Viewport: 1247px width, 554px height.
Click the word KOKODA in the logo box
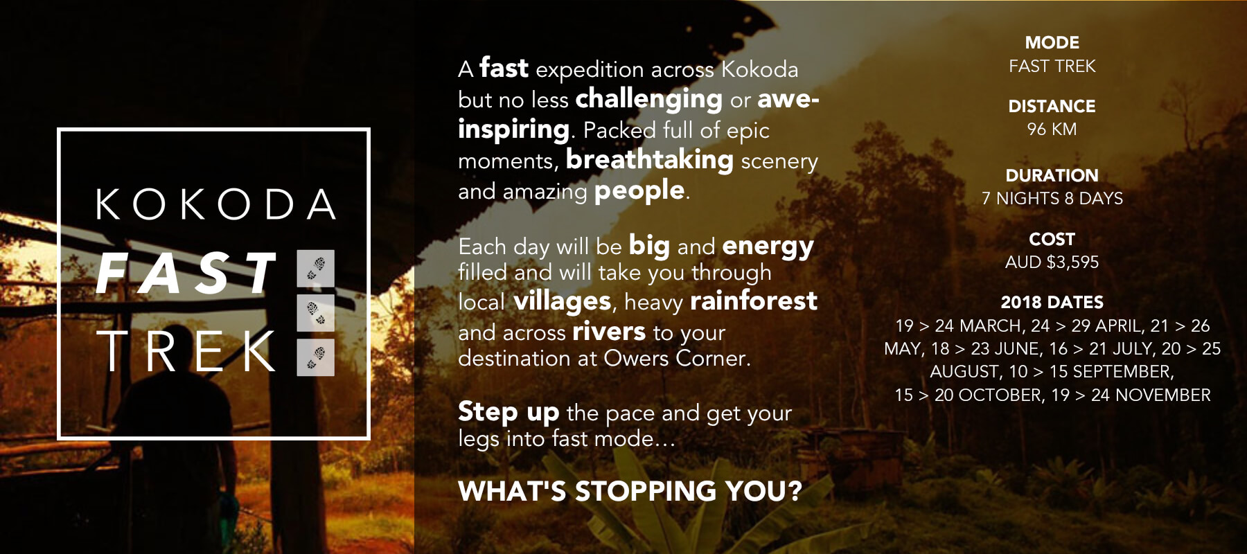coord(215,204)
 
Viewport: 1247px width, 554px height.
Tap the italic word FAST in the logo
coord(186,274)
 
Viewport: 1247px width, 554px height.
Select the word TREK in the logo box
coord(186,351)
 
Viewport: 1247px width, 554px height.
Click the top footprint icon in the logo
coord(316,268)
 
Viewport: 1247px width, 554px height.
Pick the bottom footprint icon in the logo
coord(316,357)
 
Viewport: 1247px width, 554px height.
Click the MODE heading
coord(1052,43)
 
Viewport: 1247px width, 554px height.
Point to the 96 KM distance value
coord(1052,129)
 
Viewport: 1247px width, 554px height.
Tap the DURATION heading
coord(1052,175)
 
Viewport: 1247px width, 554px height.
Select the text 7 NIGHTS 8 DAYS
coord(1052,199)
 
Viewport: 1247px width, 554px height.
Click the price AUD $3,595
coord(1052,262)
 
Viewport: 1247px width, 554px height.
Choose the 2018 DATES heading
coord(1052,303)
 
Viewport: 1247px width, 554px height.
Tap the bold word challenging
coord(649,100)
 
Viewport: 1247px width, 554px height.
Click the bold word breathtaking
coord(650,160)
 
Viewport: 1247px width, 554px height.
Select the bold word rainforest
coord(754,301)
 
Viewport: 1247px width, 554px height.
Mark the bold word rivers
coord(609,332)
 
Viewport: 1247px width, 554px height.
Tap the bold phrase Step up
coord(508,413)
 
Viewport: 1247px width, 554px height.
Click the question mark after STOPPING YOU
coord(795,491)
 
